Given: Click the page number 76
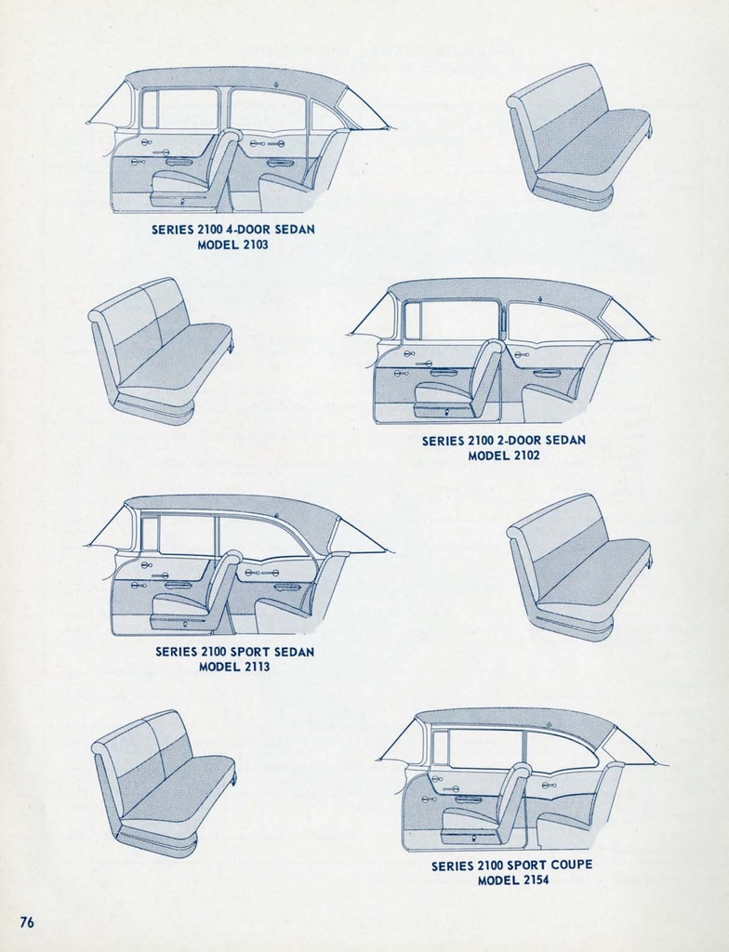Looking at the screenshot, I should (x=27, y=921).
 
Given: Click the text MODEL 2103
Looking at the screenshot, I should (x=233, y=245).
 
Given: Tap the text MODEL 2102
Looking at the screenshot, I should (x=503, y=456).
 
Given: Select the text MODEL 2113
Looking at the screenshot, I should (x=234, y=667).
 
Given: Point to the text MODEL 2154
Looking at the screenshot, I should (x=512, y=879).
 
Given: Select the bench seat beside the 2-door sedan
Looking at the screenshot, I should (x=160, y=350).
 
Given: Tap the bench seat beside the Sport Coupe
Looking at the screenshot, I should (x=163, y=783).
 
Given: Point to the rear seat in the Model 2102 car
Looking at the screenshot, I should (x=563, y=390).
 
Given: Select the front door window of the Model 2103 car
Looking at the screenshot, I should (x=179, y=109).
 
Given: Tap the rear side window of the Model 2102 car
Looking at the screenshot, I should (x=549, y=323).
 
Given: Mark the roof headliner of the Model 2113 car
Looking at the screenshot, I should (x=232, y=508).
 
